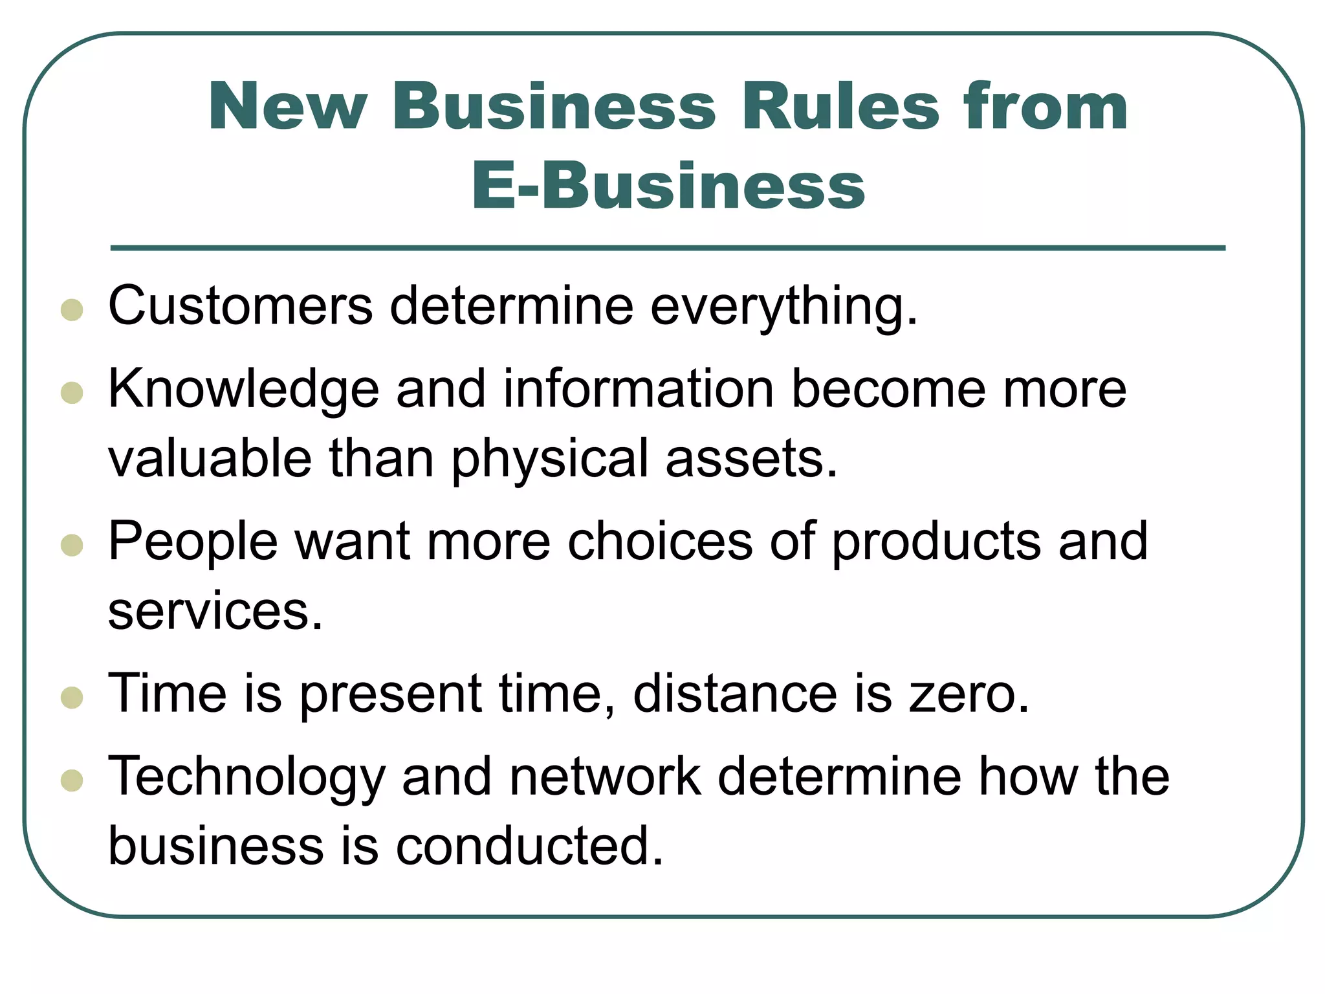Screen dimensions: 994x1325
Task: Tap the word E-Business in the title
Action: click(x=668, y=186)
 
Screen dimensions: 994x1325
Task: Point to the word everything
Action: click(x=783, y=307)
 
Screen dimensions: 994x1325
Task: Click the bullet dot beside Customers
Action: click(x=72, y=309)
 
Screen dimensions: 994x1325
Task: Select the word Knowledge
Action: click(x=243, y=390)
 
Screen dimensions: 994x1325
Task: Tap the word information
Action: click(x=639, y=389)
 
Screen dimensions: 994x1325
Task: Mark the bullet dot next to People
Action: click(x=72, y=545)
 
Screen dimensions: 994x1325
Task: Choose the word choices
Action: click(x=660, y=541)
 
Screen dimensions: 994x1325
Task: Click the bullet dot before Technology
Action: click(x=72, y=780)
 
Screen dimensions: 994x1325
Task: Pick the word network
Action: click(x=605, y=777)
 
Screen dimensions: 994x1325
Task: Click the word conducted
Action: click(x=529, y=846)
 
